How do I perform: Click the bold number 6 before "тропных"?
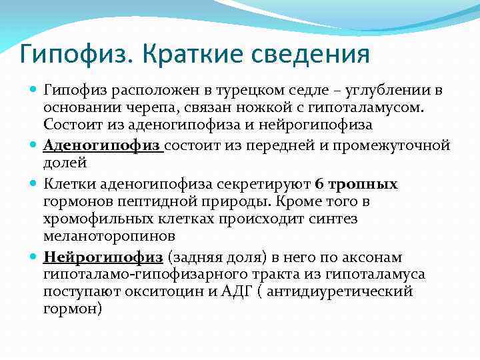point(319,184)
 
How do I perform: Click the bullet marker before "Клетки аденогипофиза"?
point(33,185)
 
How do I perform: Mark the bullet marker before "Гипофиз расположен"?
point(33,90)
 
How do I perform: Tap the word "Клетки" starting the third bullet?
point(65,184)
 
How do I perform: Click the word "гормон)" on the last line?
point(73,309)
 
